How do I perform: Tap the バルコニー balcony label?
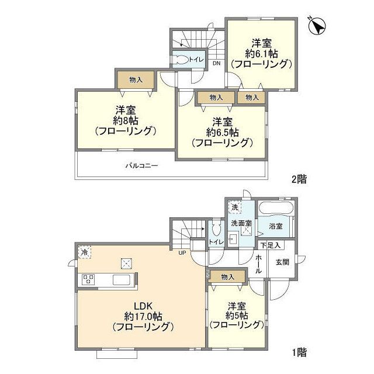pyautogui.click(x=141, y=165)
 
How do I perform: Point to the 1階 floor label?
pyautogui.click(x=299, y=352)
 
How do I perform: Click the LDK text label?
pyautogui.click(x=143, y=306)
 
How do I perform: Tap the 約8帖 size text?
pyautogui.click(x=126, y=120)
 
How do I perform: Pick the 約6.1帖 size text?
pyautogui.click(x=260, y=53)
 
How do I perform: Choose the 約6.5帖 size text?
pyautogui.click(x=221, y=132)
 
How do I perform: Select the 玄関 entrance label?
pyautogui.click(x=283, y=262)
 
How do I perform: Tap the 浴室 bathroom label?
pyautogui.click(x=276, y=225)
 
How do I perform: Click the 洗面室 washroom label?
pyautogui.click(x=240, y=223)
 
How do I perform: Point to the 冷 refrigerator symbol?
pyautogui.click(x=84, y=252)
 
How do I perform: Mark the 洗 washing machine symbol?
pyautogui.click(x=234, y=207)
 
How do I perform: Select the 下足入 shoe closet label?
pyautogui.click(x=271, y=245)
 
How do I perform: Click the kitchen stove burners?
pyautogui.click(x=89, y=279)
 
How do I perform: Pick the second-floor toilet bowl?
pyautogui.click(x=182, y=59)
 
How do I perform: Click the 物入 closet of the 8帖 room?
pyautogui.click(x=136, y=79)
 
